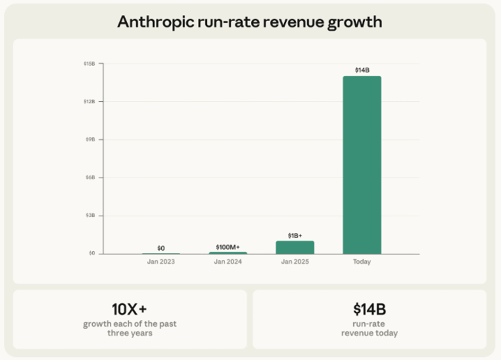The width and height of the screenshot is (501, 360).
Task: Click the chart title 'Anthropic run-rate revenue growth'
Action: (250, 22)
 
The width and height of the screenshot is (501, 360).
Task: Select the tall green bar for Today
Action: (362, 165)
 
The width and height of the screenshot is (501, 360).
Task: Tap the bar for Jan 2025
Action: (295, 248)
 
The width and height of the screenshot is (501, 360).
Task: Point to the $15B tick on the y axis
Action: (89, 64)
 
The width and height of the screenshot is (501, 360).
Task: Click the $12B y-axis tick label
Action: (89, 101)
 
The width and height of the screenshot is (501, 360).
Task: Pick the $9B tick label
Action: (90, 139)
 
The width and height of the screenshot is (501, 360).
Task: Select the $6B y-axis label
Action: (90, 178)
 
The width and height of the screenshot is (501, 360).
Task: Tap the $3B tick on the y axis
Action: (90, 216)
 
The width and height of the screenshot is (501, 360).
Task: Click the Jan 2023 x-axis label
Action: (161, 262)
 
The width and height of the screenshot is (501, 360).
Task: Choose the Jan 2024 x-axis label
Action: (227, 262)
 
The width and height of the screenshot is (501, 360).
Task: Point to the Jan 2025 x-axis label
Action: (295, 262)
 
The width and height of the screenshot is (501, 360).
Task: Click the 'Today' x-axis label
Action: (362, 262)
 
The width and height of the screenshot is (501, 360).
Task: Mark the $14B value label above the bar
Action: (362, 70)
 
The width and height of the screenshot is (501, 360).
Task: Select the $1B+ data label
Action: (295, 235)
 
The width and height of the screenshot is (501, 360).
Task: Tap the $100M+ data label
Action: (227, 247)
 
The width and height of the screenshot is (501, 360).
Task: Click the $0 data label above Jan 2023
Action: (161, 248)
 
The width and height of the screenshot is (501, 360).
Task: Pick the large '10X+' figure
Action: (129, 309)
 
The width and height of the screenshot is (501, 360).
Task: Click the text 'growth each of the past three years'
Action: (129, 329)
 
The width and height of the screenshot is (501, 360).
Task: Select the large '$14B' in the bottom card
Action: (370, 309)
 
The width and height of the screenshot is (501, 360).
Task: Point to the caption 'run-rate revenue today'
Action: (370, 329)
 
